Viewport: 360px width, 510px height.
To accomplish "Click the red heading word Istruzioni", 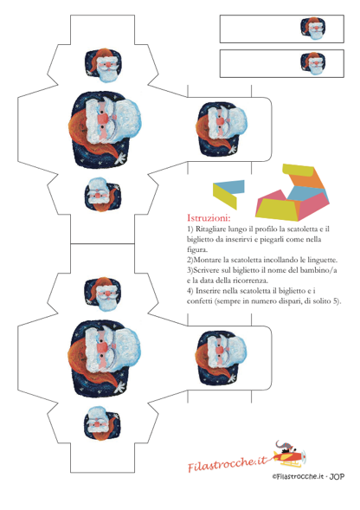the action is coord(209,217).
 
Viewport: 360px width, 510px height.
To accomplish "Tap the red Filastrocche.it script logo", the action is coord(227,463).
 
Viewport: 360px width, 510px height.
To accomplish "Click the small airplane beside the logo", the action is coord(288,454).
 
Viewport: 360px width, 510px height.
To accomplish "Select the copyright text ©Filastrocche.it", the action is coord(299,476).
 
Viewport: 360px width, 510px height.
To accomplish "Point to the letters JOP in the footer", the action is coord(337,476).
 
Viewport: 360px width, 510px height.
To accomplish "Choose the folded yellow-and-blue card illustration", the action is coord(228,194).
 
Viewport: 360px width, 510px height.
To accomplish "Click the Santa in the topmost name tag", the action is coord(313,29).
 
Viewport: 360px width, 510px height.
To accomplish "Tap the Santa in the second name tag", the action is coord(313,63).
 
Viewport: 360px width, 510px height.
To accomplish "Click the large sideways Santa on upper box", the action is coord(105,130).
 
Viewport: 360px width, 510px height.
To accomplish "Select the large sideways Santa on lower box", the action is coord(105,358).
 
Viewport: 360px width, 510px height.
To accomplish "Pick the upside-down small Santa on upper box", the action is coord(103,195).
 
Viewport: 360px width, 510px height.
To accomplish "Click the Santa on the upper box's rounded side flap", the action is coord(222,129).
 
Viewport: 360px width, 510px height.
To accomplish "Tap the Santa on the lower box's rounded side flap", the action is coord(222,358).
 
